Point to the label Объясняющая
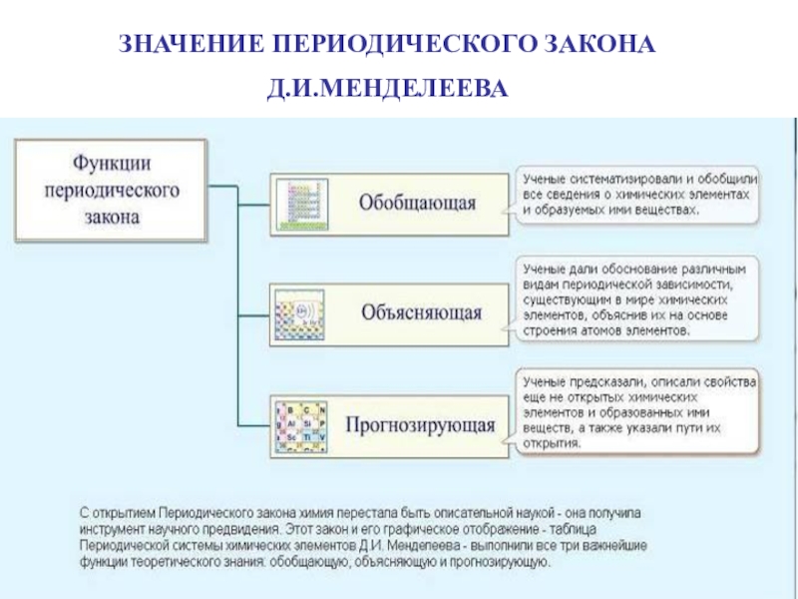click(421, 312)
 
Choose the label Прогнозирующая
click(420, 424)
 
